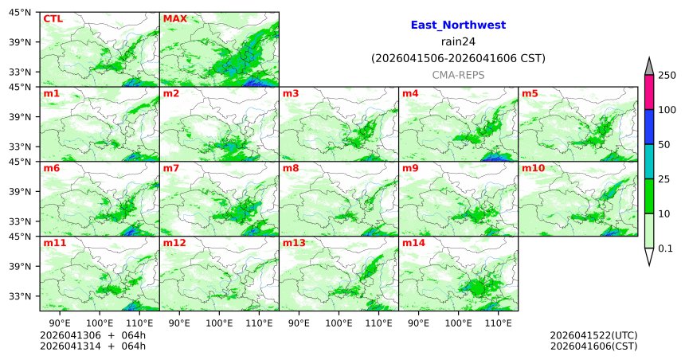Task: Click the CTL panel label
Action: [x=53, y=18]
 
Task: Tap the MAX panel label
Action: [x=174, y=18]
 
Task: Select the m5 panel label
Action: [x=530, y=94]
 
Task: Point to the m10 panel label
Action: [x=533, y=169]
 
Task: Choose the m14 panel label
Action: [x=413, y=244]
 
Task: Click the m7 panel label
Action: [x=171, y=169]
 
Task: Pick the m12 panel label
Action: [x=174, y=244]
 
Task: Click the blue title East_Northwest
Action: [x=458, y=25]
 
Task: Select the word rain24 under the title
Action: [x=458, y=41]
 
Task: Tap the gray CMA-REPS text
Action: [x=458, y=75]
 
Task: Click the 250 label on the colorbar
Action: [x=667, y=75]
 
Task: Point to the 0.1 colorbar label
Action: [x=665, y=248]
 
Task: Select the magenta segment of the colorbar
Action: [x=649, y=92]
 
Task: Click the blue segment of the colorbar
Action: [x=649, y=127]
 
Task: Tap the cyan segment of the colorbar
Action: [x=649, y=162]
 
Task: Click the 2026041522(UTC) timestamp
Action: [x=593, y=335]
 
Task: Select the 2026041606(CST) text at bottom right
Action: [x=593, y=346]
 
